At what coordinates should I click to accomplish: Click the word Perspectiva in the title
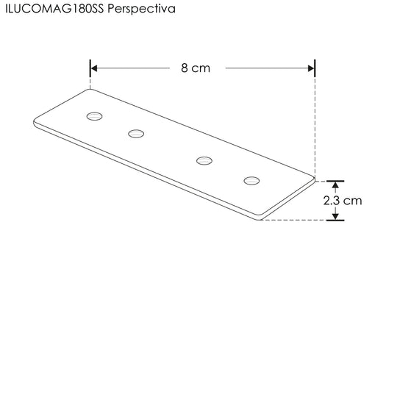[141, 10]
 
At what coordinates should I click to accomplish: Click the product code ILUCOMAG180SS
[54, 9]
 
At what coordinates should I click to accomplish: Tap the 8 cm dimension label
[196, 68]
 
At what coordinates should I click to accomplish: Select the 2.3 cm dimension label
[343, 201]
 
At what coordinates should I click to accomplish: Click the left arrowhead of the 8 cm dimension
[93, 68]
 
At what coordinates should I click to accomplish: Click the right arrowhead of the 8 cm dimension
[311, 68]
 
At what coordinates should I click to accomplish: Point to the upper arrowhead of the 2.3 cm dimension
[335, 185]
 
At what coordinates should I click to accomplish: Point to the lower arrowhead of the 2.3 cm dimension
[335, 216]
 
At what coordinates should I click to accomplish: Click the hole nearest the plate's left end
[94, 116]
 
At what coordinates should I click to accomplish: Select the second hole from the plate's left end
[136, 133]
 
